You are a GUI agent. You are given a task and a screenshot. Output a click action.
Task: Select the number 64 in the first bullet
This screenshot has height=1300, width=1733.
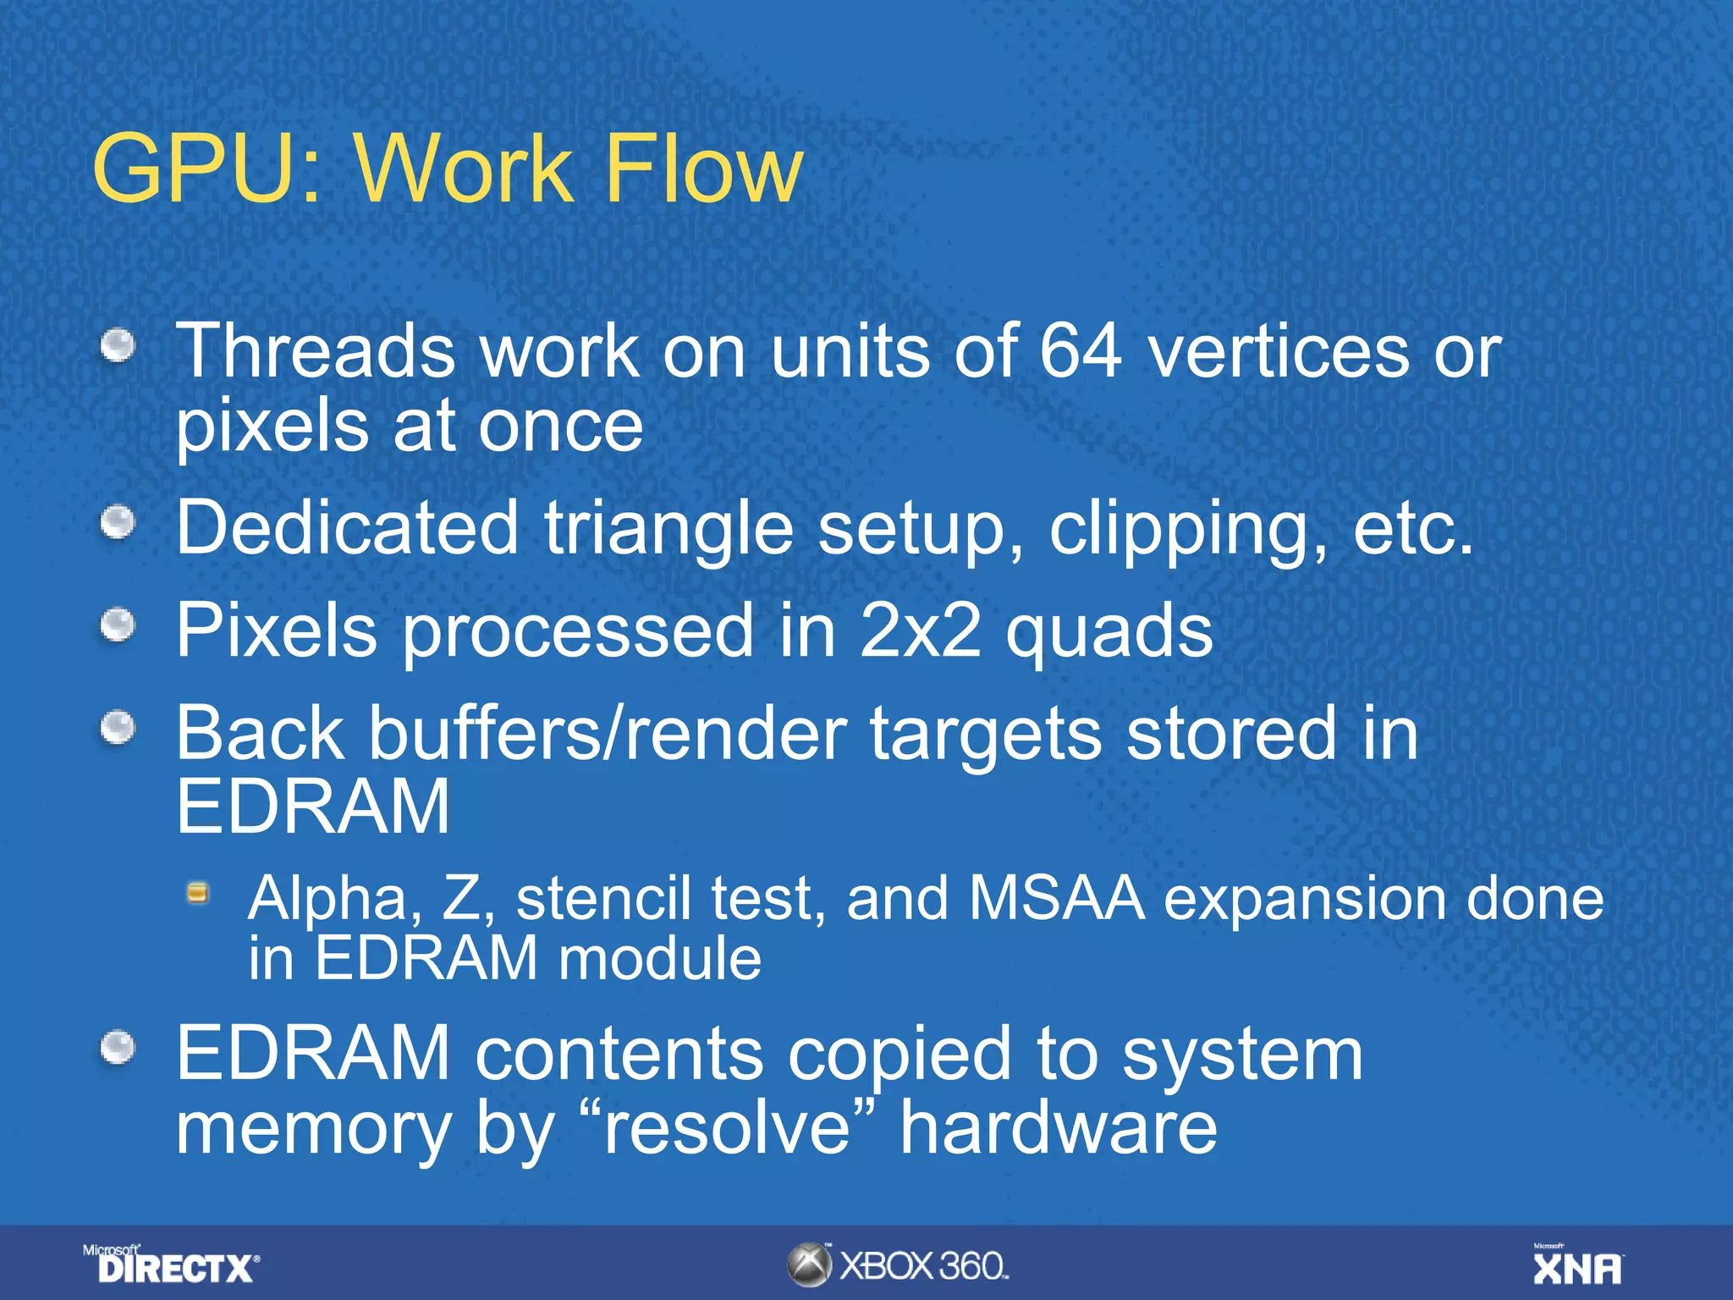[1081, 351]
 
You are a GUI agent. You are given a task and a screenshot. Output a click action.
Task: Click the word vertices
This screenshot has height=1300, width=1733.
[1278, 351]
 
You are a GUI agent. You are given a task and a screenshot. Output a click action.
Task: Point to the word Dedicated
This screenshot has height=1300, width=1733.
[347, 528]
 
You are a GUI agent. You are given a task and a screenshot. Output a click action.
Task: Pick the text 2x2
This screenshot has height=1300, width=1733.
[920, 631]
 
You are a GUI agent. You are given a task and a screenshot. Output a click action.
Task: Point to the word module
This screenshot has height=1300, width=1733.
[660, 959]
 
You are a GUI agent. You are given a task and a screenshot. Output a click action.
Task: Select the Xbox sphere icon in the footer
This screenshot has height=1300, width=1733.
[809, 1266]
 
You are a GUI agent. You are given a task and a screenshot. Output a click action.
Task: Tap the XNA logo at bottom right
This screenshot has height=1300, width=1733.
[1577, 1266]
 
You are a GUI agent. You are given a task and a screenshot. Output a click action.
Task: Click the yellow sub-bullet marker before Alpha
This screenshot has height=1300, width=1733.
[198, 894]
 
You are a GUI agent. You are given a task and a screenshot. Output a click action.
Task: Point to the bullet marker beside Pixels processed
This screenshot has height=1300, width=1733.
[118, 626]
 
